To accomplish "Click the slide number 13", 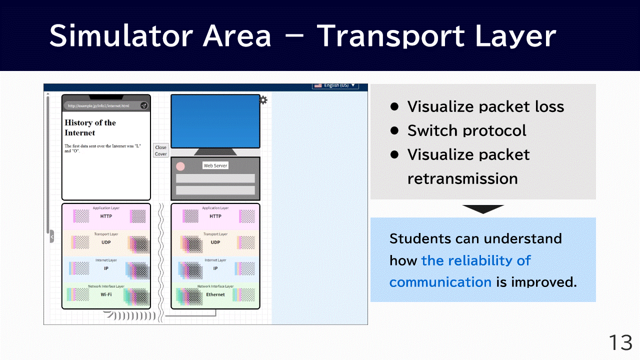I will [x=620, y=343].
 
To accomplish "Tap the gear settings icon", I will [x=263, y=100].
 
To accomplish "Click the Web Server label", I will [x=215, y=165].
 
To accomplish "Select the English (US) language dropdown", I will [x=335, y=85].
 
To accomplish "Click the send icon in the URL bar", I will [x=143, y=105].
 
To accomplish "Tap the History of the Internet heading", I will [x=90, y=127].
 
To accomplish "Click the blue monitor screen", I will [x=215, y=121].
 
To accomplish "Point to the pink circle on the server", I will [x=180, y=166].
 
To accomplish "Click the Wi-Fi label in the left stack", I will [x=106, y=294].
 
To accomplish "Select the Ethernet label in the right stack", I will [x=215, y=294].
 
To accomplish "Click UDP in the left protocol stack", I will [x=106, y=242].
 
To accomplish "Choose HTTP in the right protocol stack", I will [x=215, y=216].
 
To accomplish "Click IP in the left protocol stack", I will [x=106, y=268].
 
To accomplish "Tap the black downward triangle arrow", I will [x=483, y=209].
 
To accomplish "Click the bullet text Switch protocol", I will [x=466, y=130].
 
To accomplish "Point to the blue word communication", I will [x=440, y=282].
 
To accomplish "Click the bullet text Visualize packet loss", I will [x=485, y=106].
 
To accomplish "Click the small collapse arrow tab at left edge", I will [x=51, y=236].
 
